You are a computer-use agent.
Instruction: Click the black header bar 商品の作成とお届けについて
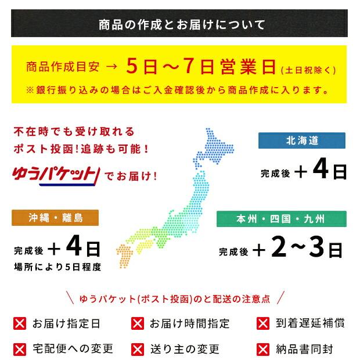coord(179,24)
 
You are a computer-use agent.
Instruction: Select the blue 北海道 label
coord(302,141)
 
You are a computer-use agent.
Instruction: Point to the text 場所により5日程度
coord(57,267)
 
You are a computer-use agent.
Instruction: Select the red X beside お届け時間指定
coord(138,323)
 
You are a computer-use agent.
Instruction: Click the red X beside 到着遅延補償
coord(262,323)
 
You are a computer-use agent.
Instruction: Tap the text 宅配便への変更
coord(73,349)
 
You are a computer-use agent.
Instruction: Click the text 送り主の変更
coord(185,349)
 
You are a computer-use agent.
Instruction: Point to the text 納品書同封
coord(305,349)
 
